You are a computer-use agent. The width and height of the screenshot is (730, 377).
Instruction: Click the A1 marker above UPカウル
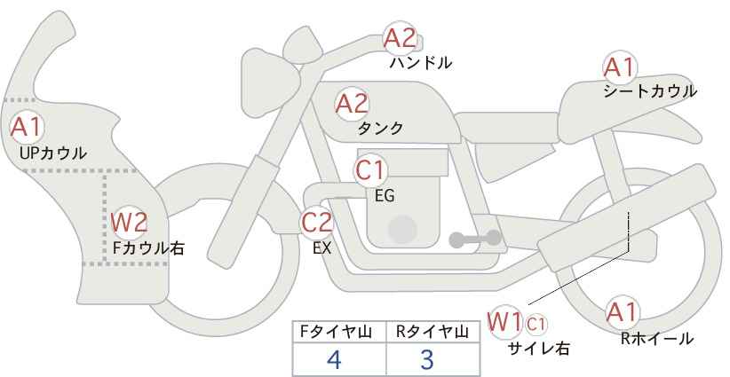(x=27, y=127)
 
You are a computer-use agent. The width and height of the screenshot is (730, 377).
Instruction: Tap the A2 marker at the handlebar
(x=400, y=38)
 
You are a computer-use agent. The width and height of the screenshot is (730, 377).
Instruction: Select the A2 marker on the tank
(x=352, y=104)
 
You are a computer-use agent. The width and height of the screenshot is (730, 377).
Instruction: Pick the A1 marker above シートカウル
(x=620, y=68)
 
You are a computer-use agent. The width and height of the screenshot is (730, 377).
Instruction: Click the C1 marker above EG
(x=370, y=170)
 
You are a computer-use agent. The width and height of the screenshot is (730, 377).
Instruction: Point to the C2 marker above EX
(x=316, y=222)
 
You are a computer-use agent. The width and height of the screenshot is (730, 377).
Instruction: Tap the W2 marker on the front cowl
(x=129, y=223)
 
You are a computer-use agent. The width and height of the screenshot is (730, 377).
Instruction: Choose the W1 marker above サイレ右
(x=504, y=322)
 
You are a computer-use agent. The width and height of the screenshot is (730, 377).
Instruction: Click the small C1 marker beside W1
(x=536, y=325)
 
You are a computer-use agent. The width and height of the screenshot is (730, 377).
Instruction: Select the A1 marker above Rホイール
(x=622, y=312)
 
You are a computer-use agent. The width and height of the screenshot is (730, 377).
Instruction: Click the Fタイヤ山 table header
(x=336, y=333)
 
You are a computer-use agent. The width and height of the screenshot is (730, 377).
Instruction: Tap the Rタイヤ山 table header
(x=432, y=333)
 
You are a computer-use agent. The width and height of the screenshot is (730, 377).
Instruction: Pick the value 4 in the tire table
(x=335, y=359)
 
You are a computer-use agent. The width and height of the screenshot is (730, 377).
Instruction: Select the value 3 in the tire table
(x=427, y=359)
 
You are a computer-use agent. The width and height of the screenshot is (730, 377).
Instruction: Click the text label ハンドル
(x=420, y=63)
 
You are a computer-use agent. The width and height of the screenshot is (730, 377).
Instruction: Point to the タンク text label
(x=380, y=129)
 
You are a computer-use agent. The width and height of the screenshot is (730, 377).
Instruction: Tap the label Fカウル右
(x=148, y=248)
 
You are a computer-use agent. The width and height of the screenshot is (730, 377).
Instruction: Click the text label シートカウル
(x=650, y=91)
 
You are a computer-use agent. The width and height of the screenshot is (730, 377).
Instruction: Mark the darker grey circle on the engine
(x=402, y=229)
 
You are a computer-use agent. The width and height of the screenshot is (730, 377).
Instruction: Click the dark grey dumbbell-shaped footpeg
(x=475, y=239)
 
